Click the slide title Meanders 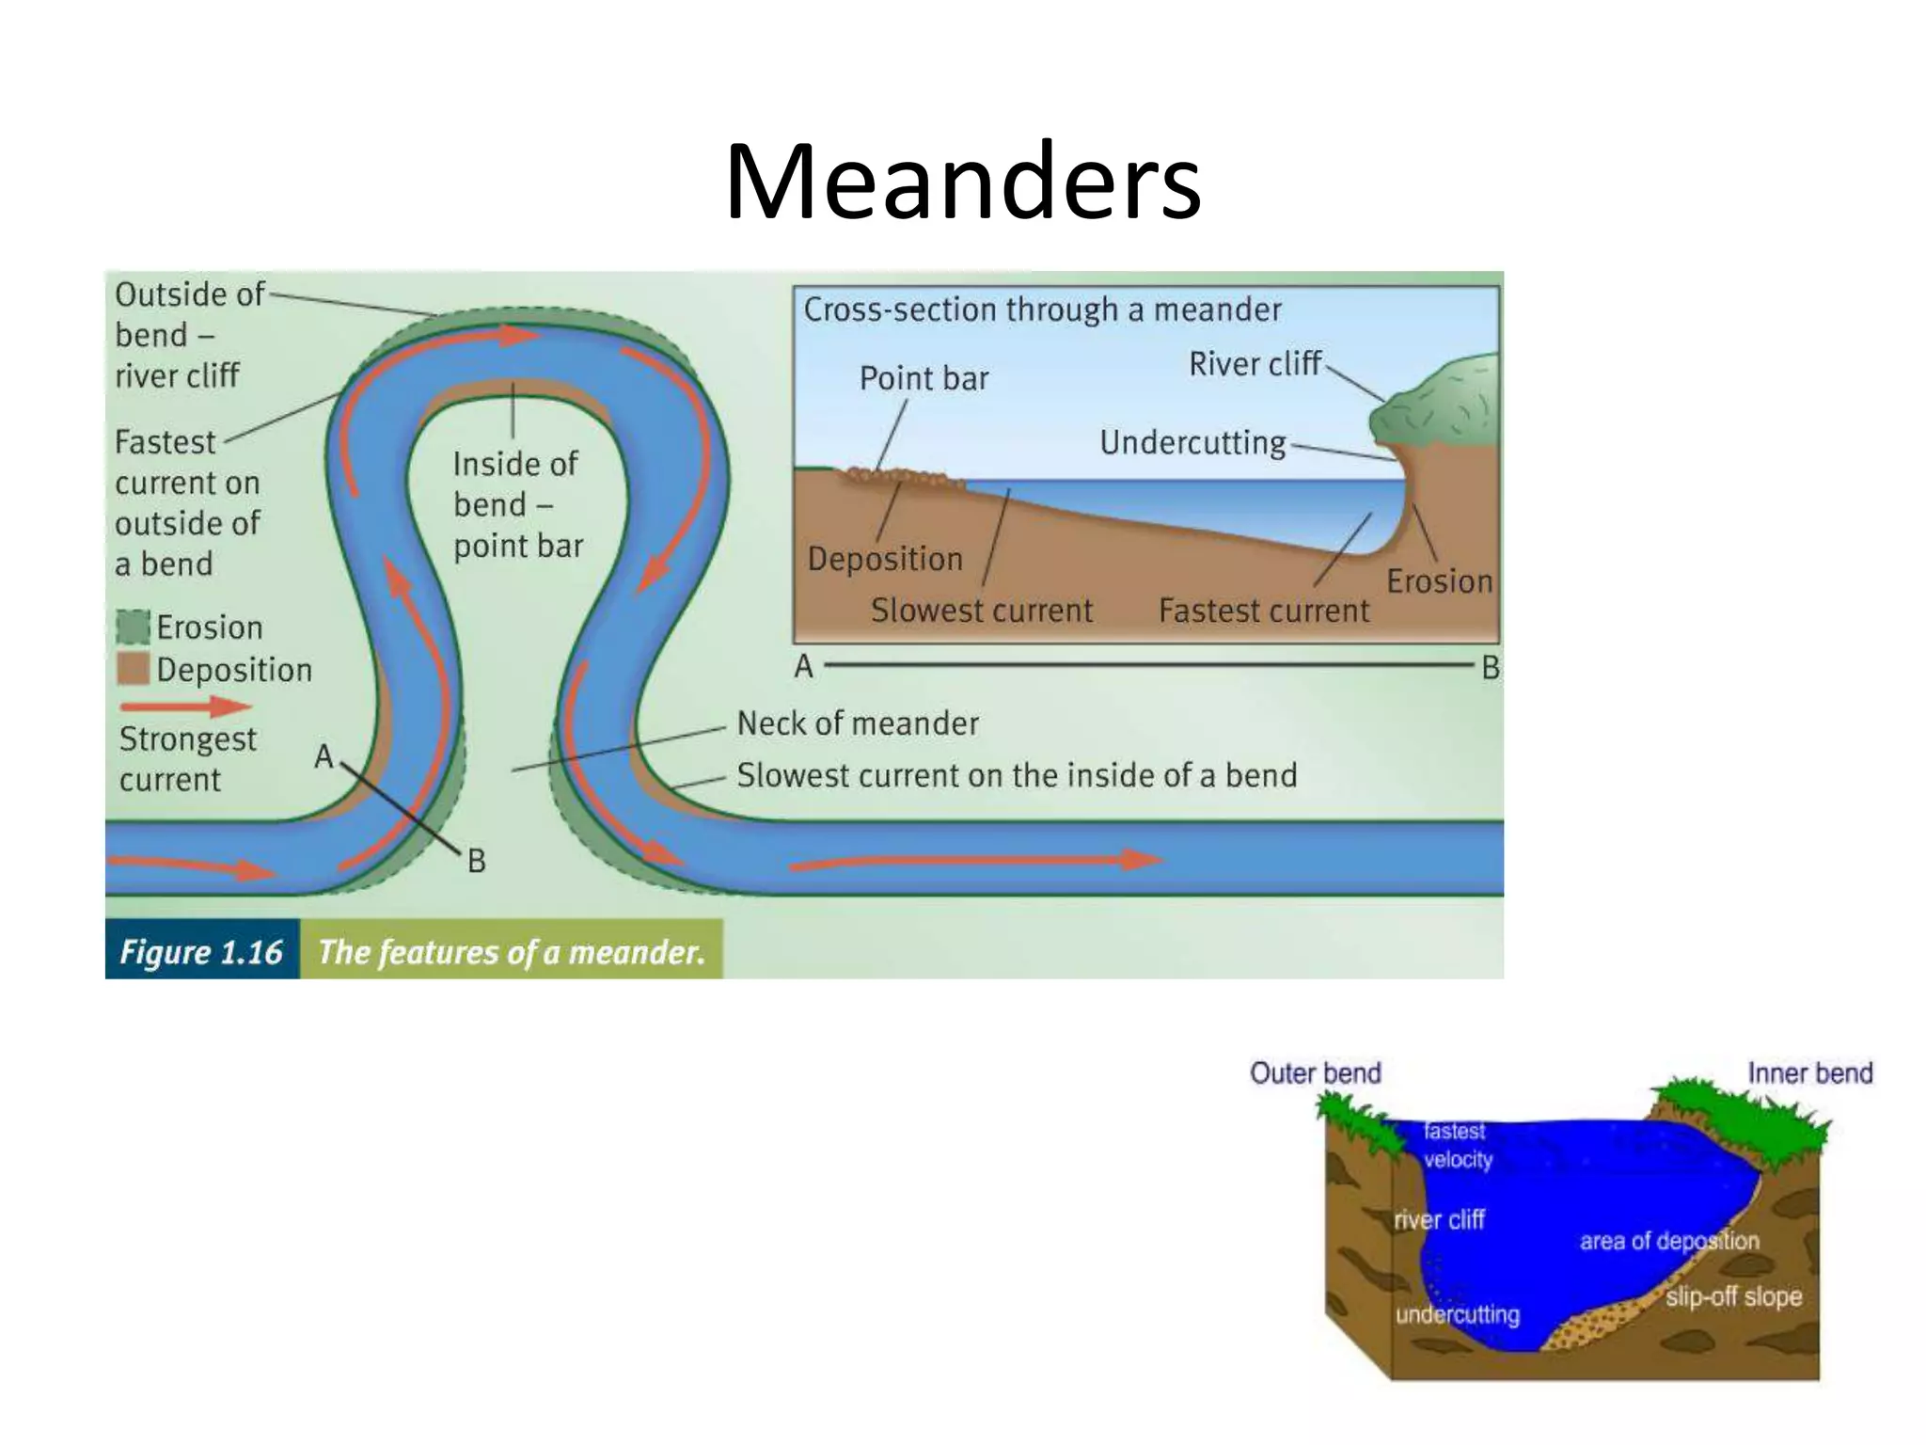pos(962,181)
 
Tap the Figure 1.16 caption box pos(201,951)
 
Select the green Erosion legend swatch pos(133,627)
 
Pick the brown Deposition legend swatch pos(133,669)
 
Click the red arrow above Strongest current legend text pos(184,706)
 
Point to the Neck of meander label pos(857,723)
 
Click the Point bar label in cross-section pos(924,378)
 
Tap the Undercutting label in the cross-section pos(1192,442)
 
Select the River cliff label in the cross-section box pos(1255,364)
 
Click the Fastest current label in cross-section pos(1263,611)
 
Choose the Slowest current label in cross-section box pos(981,611)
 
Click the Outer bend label pos(1315,1073)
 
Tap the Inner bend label pos(1809,1073)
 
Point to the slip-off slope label pos(1733,1296)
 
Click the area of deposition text pos(1668,1241)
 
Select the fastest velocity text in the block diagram pos(1457,1145)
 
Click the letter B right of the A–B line pos(1491,668)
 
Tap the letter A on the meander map pos(324,756)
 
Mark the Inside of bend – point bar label pos(516,504)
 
